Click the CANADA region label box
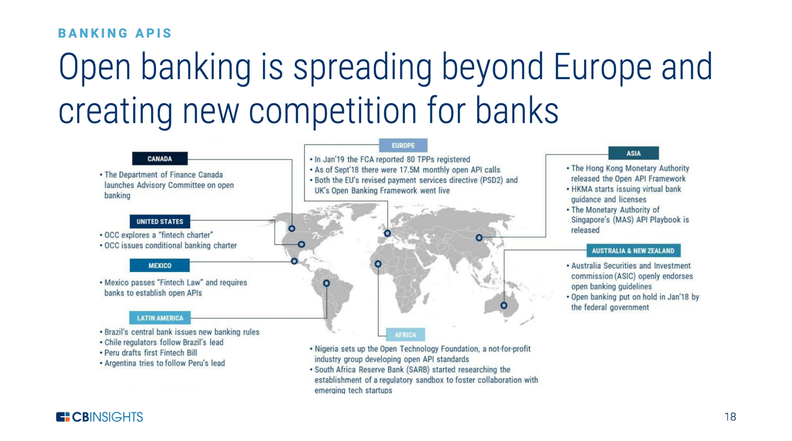click(x=160, y=159)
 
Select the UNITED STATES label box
click(x=160, y=222)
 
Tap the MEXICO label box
click(x=160, y=266)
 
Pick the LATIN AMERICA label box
click(x=160, y=318)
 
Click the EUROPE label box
click(x=403, y=146)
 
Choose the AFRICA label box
click(x=405, y=335)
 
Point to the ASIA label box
click(x=633, y=153)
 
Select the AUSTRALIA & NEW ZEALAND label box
click(x=633, y=251)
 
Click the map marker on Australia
click(x=504, y=305)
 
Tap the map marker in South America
click(x=327, y=283)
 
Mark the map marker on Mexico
click(x=295, y=261)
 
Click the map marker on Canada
click(x=292, y=228)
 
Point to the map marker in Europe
click(x=387, y=233)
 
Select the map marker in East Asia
click(x=479, y=238)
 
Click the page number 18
click(x=730, y=417)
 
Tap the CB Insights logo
click(x=99, y=417)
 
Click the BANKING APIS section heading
click(x=115, y=33)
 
